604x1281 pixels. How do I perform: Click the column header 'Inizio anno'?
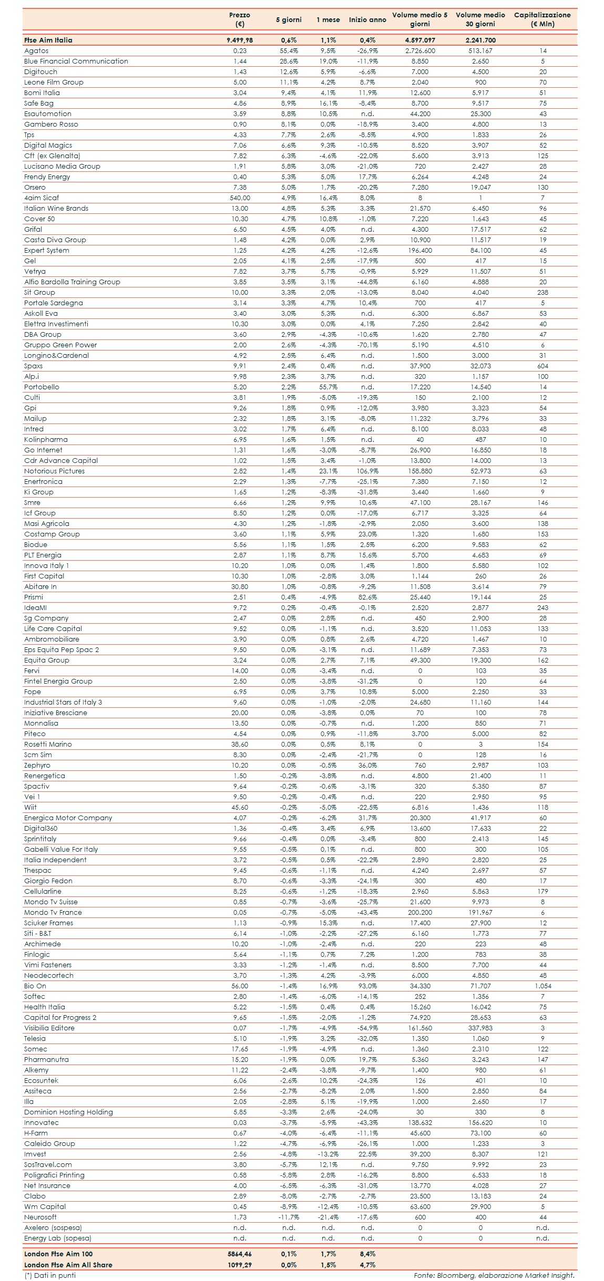367,20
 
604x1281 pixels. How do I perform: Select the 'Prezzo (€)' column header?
240,19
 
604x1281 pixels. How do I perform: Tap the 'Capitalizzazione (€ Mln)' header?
542,19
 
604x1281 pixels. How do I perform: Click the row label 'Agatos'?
36,51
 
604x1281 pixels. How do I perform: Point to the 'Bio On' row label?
35,986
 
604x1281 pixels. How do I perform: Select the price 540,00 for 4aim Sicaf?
240,198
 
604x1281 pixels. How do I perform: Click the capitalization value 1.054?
542,986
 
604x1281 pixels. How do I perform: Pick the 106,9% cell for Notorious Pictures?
367,471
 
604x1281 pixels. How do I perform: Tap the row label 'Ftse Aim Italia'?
48,40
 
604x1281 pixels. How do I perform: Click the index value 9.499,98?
240,40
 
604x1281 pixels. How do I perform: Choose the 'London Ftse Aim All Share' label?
68,1265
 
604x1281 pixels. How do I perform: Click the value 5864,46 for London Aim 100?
240,1254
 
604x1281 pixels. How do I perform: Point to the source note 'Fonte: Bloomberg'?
494,1275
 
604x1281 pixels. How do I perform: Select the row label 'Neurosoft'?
40,1217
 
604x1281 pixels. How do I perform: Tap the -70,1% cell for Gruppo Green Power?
367,345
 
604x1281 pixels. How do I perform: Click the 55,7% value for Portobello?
328,387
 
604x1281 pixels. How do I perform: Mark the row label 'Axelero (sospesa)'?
53,1227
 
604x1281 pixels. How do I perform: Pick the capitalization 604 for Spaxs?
542,366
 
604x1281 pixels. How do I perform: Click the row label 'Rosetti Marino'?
48,744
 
